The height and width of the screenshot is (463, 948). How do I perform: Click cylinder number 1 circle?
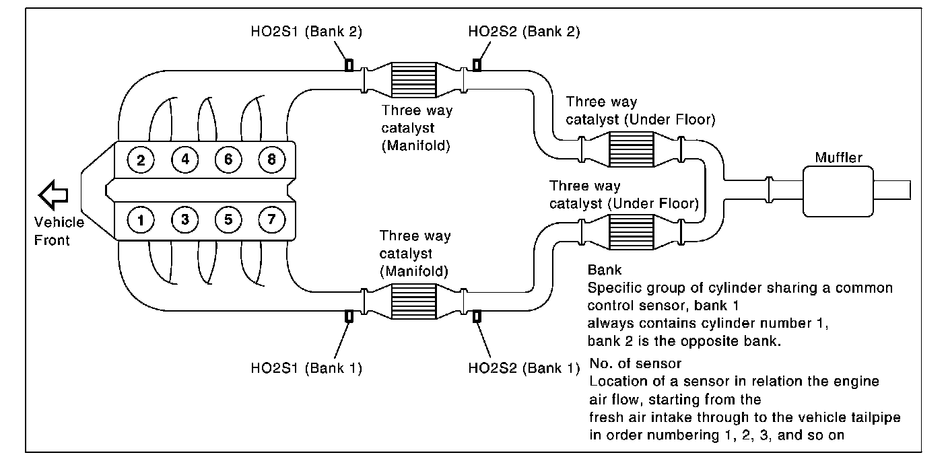(x=141, y=219)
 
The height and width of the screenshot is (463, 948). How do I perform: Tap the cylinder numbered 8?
(x=271, y=160)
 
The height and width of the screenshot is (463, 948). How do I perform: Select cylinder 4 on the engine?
(x=184, y=160)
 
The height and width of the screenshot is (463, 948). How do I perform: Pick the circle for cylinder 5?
(x=228, y=219)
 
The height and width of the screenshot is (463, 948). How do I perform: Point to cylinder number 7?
(x=271, y=219)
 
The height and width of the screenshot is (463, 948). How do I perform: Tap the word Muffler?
(x=838, y=157)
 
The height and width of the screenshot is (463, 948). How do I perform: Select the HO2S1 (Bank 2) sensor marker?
(x=349, y=65)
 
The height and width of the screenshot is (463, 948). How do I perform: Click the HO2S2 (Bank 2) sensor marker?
(x=477, y=65)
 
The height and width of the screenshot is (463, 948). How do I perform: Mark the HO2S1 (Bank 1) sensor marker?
(x=349, y=316)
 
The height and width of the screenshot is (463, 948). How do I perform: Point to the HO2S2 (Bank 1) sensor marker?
(x=477, y=316)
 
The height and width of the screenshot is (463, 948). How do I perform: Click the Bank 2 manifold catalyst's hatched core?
(x=413, y=81)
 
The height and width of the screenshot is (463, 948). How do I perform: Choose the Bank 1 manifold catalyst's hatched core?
(x=413, y=300)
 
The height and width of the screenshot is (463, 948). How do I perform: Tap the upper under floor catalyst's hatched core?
(x=630, y=149)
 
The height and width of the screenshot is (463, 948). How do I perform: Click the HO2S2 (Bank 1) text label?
(x=522, y=368)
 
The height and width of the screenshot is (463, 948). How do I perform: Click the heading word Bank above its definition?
(x=603, y=270)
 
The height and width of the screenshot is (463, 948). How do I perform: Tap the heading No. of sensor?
(x=635, y=364)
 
